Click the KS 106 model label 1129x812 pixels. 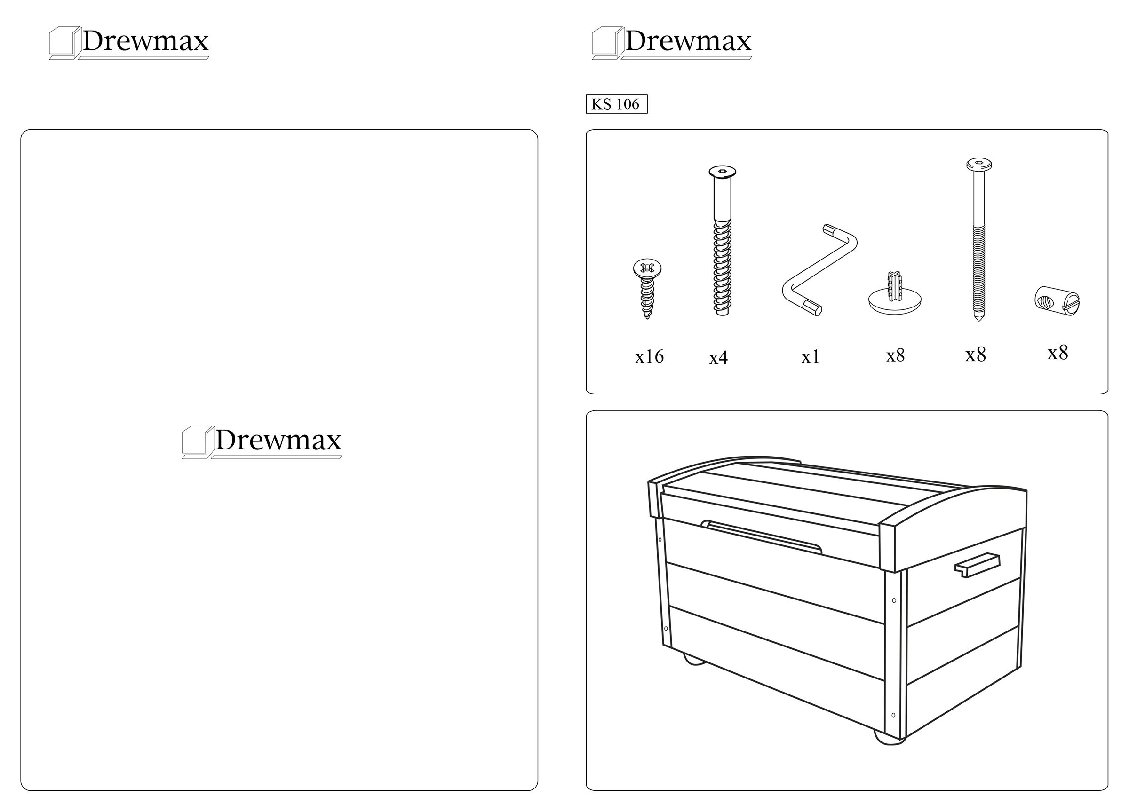[x=616, y=104]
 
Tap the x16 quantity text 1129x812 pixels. [x=649, y=356]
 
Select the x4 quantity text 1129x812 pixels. [x=718, y=358]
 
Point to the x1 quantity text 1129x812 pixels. [x=811, y=356]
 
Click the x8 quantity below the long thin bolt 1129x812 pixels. [x=976, y=354]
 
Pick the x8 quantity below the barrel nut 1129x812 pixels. [x=1058, y=352]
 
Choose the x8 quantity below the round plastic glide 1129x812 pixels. [x=896, y=355]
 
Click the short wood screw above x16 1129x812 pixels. [x=647, y=289]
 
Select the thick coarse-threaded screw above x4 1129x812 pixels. [x=722, y=241]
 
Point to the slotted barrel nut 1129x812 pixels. [x=1057, y=301]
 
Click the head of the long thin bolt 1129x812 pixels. [x=978, y=164]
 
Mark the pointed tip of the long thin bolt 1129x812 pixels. [x=978, y=320]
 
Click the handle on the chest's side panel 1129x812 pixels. [x=977, y=565]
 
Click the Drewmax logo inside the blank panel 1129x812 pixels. [x=262, y=442]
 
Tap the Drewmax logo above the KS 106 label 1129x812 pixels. [x=672, y=43]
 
